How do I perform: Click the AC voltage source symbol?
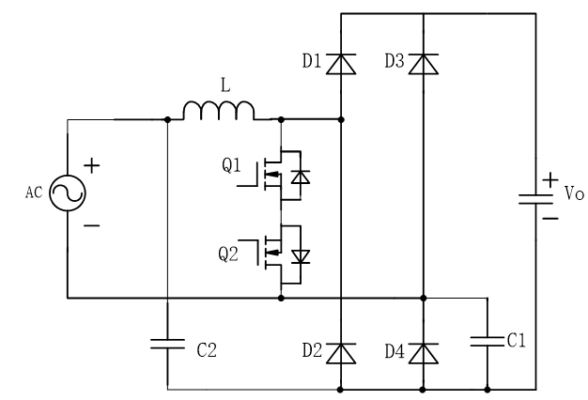[69, 194]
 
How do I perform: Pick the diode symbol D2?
[340, 352]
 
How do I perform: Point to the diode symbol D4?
[425, 352]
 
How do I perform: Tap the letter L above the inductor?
[223, 85]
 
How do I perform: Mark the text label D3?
[395, 62]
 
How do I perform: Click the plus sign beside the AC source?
[94, 166]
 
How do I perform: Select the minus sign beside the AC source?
[94, 225]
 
